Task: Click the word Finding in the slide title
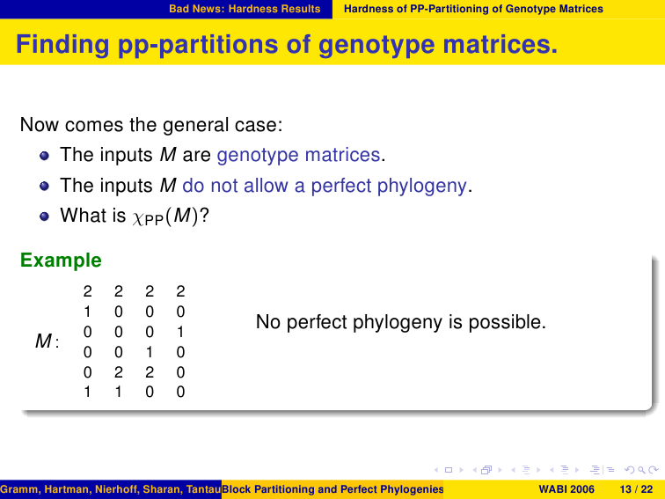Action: pos(62,45)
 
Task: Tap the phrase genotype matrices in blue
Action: pos(298,155)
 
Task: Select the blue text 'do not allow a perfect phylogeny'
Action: pos(325,186)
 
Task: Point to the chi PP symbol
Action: pos(148,218)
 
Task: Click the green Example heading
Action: pos(61,261)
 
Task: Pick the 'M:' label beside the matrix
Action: pos(47,341)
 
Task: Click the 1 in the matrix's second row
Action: pos(87,312)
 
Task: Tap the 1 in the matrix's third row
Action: pos(180,332)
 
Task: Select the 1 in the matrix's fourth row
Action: pos(150,352)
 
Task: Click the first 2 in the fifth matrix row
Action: pos(119,372)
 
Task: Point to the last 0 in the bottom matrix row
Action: pos(180,392)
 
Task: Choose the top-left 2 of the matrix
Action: pos(87,291)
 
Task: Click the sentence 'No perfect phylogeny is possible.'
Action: pos(401,322)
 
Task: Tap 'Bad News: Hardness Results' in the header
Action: pos(245,9)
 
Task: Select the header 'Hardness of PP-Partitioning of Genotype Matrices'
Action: pos(473,9)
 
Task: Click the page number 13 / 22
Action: pos(637,489)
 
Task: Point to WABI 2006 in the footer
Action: pos(566,489)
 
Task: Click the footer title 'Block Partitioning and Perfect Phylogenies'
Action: pos(332,489)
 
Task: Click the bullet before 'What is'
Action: pos(44,216)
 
